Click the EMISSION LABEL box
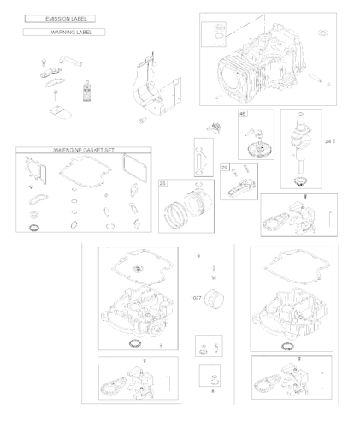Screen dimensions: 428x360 [59, 18]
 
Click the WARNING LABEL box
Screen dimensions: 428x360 [64, 33]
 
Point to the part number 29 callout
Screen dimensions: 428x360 [225, 169]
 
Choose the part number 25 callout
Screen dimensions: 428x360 [163, 183]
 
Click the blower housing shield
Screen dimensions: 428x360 [156, 88]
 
